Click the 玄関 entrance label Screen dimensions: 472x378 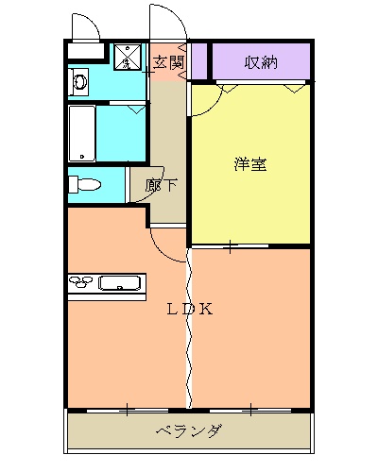tap(169, 62)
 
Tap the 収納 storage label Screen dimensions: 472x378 tap(261, 63)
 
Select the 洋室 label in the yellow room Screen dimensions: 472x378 tap(250, 164)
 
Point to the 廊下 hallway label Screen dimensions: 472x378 tap(161, 185)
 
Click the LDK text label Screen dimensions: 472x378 tap(190, 309)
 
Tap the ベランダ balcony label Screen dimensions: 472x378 tap(189, 432)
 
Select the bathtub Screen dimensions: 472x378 tap(82, 133)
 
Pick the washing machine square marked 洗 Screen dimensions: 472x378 tap(126, 58)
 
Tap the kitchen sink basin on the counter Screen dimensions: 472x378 tap(120, 282)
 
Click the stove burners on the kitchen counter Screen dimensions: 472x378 tap(83, 281)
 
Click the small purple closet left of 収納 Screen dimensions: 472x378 tap(199, 62)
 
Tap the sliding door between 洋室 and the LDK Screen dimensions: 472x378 tap(232, 247)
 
